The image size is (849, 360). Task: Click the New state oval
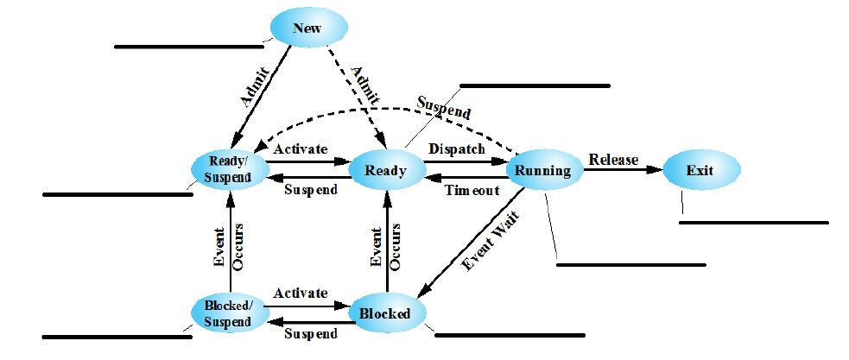pyautogui.click(x=309, y=28)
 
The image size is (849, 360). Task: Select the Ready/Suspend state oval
pyautogui.click(x=228, y=169)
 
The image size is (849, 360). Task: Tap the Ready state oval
pyautogui.click(x=386, y=170)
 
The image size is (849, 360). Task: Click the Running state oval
pyautogui.click(x=543, y=170)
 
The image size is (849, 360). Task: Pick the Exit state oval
pyautogui.click(x=700, y=170)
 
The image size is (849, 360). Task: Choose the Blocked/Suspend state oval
pyautogui.click(x=228, y=313)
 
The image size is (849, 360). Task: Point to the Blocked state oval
pyautogui.click(x=386, y=313)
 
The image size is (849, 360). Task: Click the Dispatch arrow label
pyautogui.click(x=457, y=148)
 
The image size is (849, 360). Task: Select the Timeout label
pyautogui.click(x=472, y=190)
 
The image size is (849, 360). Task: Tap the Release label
pyautogui.click(x=613, y=159)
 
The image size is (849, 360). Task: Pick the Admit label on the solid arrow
pyautogui.click(x=256, y=86)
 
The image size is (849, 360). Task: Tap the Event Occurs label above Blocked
pyautogui.click(x=385, y=249)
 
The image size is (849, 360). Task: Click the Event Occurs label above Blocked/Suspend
pyautogui.click(x=230, y=249)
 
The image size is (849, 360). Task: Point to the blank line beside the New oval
pyautogui.click(x=189, y=47)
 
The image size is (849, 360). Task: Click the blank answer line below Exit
pyautogui.click(x=754, y=223)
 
